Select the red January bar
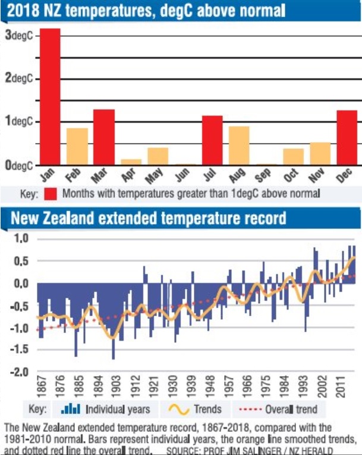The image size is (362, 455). (50, 97)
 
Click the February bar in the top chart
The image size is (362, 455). (77, 147)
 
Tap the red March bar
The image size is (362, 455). (104, 137)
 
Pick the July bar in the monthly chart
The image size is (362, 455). (212, 140)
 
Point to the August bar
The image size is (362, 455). (239, 145)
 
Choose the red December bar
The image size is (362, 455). (347, 138)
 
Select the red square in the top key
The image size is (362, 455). (49, 193)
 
